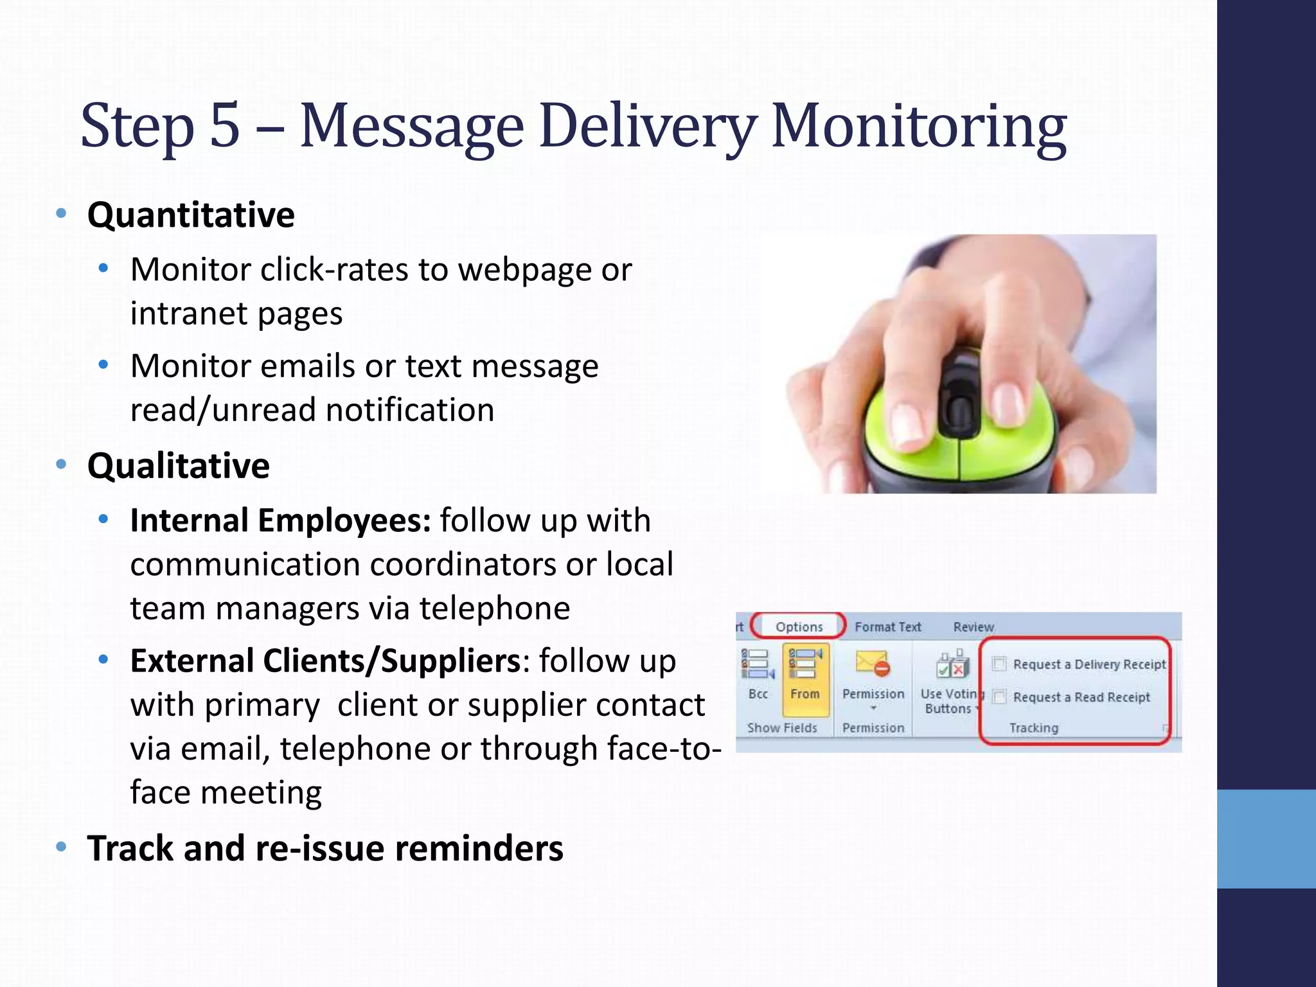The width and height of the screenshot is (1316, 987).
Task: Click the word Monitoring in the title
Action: click(x=919, y=129)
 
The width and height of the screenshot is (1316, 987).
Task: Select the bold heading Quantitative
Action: click(x=191, y=215)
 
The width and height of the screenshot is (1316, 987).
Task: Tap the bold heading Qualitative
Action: click(x=178, y=466)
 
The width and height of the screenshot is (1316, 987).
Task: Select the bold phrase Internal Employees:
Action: click(x=280, y=520)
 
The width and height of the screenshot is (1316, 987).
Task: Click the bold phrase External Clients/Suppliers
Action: click(x=325, y=661)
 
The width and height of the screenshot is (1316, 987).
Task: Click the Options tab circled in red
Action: click(x=799, y=627)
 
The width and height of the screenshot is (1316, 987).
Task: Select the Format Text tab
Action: click(x=887, y=627)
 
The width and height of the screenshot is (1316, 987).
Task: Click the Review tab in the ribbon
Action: click(x=974, y=627)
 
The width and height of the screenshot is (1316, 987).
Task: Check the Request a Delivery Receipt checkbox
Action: click(x=999, y=664)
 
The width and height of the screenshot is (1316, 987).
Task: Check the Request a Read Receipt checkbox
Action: click(x=999, y=697)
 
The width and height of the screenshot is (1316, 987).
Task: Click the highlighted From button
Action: click(x=805, y=679)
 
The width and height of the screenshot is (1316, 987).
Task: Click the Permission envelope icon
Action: click(x=873, y=664)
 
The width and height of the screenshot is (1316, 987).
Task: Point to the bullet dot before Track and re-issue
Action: click(x=61, y=848)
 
